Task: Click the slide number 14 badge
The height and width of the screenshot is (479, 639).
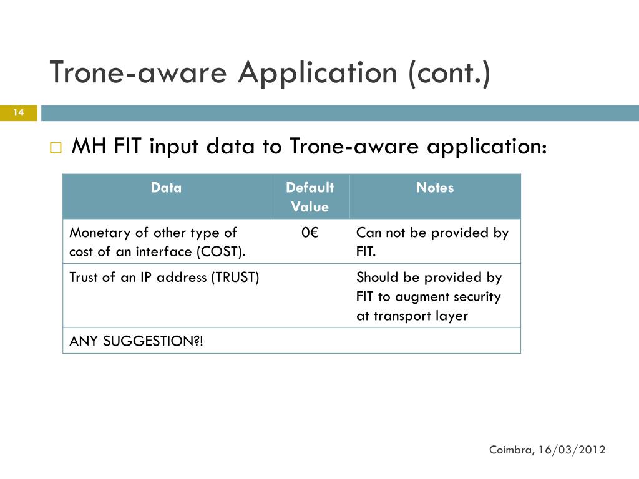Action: pos(18,113)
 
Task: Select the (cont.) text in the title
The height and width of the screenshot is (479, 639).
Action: pos(449,72)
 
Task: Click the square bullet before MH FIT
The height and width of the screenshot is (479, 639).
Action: pos(56,149)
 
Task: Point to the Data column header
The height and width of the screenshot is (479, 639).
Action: pos(166,188)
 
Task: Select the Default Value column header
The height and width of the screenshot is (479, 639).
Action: pos(310,197)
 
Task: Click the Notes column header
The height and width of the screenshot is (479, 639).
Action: pos(435,188)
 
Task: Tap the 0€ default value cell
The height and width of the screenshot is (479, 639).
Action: pos(310,233)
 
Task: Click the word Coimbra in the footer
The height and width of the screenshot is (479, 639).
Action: pos(510,450)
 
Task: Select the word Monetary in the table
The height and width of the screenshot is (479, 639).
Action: pos(100,233)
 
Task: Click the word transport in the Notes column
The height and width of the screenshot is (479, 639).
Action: pos(398,316)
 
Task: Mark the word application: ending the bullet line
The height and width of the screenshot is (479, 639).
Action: pos(487,148)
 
